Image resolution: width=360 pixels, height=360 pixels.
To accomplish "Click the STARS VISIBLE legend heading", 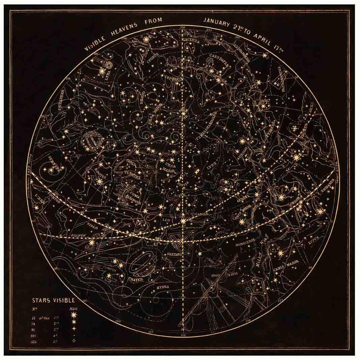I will point(54,300).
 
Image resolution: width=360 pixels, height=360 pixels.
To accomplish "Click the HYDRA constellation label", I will point(163,287).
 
